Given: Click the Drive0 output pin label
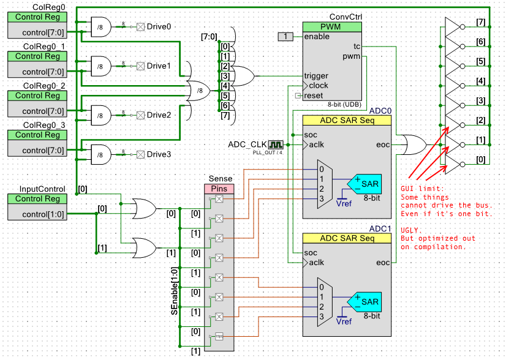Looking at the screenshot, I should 159,26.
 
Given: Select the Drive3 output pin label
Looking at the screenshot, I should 159,154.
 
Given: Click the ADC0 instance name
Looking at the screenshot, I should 380,111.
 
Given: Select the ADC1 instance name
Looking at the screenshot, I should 380,228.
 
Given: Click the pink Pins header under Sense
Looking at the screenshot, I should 219,189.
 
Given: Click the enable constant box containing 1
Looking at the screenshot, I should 285,37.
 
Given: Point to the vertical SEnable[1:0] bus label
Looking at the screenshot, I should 175,291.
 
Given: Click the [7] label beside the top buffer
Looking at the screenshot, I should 481,23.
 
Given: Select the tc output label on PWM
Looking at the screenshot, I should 357,47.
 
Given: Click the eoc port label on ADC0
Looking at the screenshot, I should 383,145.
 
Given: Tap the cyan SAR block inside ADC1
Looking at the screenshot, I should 366,301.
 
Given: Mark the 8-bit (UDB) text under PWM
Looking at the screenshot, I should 344,105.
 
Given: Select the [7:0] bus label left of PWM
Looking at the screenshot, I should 208,37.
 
